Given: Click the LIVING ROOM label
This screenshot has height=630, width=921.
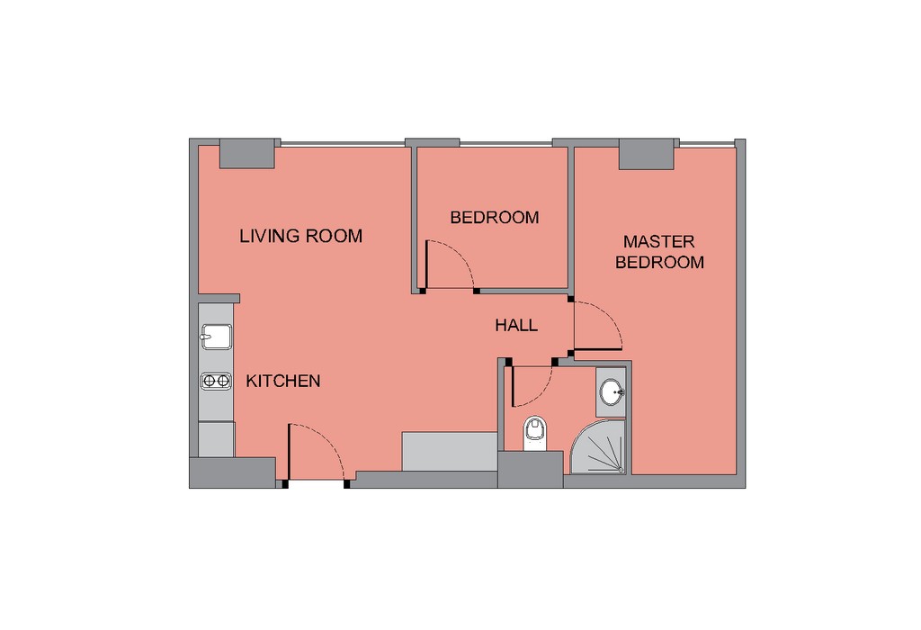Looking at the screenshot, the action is pos(300,236).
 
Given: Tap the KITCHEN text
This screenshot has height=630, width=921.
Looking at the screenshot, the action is pos(283,381).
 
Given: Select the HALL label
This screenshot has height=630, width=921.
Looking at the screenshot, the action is pos(516,325).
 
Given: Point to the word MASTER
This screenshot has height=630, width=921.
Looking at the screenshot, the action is pos(659,241).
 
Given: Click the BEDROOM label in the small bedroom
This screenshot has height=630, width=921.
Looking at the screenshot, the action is pos(495,218).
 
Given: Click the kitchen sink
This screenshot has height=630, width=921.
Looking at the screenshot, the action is pos(216,337).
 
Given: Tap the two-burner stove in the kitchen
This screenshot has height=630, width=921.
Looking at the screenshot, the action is pos(216,382).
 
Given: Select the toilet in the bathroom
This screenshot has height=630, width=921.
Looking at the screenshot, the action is pos(535,433).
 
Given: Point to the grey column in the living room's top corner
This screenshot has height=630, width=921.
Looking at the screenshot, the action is pos(246,154).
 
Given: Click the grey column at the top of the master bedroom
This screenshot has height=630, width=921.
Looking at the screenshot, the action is pos(646,155).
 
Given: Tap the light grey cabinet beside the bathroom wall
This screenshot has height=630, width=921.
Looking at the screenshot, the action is pos(450,451).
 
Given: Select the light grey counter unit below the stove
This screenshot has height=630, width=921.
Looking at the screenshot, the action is pos(216,439).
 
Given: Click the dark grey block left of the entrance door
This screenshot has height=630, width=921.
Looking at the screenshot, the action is pos(233,472).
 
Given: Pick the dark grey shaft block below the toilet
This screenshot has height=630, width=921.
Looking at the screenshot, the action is pos(531,470).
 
